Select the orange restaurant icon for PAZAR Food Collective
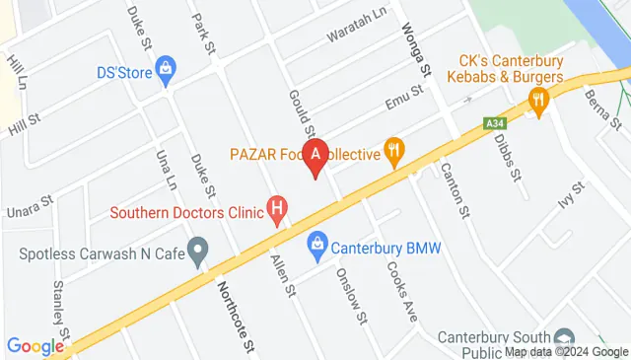(x=395, y=151)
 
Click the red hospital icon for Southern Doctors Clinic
(x=279, y=209)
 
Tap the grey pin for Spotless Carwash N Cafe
(x=198, y=252)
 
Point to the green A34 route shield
(x=495, y=123)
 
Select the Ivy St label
(x=571, y=202)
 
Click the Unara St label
(x=29, y=204)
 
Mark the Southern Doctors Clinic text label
(x=187, y=211)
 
